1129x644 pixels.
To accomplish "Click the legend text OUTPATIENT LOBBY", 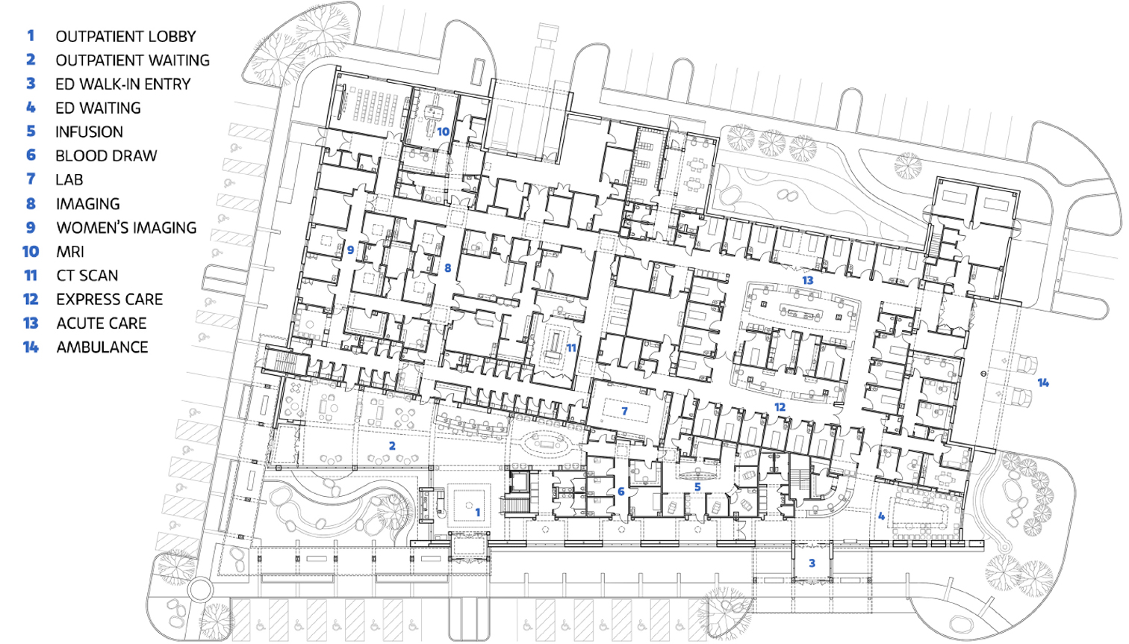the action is pyautogui.click(x=125, y=37).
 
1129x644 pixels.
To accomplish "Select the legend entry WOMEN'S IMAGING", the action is pyautogui.click(x=126, y=227).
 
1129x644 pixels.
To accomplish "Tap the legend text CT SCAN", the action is pyautogui.click(x=87, y=276).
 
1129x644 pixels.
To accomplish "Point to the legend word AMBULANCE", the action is pyautogui.click(x=102, y=347).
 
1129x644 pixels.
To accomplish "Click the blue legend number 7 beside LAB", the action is pyautogui.click(x=31, y=179).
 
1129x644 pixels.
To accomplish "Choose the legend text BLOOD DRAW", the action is pyautogui.click(x=106, y=156).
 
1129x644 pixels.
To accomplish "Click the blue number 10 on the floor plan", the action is pyautogui.click(x=443, y=131).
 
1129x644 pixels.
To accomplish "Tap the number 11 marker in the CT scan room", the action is pyautogui.click(x=571, y=348).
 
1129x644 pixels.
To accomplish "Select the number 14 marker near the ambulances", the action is pyautogui.click(x=1043, y=383).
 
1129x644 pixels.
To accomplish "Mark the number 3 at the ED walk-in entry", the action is pyautogui.click(x=812, y=563).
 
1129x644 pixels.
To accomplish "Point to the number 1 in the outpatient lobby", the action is pyautogui.click(x=478, y=513).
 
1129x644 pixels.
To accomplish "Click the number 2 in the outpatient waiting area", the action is pyautogui.click(x=392, y=446).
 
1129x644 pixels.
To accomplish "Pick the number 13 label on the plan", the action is pyautogui.click(x=807, y=280).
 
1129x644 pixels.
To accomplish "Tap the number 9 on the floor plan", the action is pyautogui.click(x=350, y=249).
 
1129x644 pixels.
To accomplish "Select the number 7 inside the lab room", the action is pyautogui.click(x=624, y=411).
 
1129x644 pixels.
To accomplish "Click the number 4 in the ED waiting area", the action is pyautogui.click(x=881, y=516).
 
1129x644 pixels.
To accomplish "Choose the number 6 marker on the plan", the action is pyautogui.click(x=621, y=491).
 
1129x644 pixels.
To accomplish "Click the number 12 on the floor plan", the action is pyautogui.click(x=780, y=407).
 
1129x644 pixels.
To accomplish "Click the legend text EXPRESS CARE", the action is pyautogui.click(x=109, y=299).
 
